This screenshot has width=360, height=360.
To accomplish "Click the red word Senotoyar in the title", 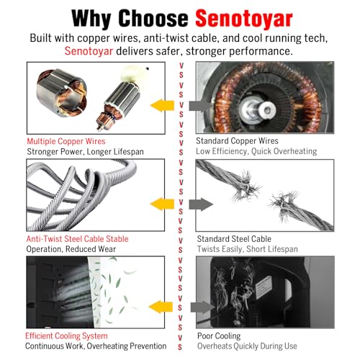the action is (x=244, y=19).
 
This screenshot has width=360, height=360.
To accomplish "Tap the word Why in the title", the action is (x=91, y=19).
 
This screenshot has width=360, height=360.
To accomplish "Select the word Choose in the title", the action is (x=153, y=18).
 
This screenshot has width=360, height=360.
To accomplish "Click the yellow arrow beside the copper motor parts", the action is (x=162, y=105).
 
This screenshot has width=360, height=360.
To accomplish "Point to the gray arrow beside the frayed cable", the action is (x=201, y=204).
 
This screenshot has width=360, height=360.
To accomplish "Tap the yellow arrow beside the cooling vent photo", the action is (x=161, y=307).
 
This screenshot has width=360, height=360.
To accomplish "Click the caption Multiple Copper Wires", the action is (x=66, y=141).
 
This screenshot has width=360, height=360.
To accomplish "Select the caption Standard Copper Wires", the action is (x=237, y=140).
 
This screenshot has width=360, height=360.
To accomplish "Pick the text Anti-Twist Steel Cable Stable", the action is (x=77, y=239).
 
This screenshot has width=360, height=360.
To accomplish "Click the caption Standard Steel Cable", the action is (x=234, y=239).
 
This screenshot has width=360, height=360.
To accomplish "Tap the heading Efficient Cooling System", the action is (x=66, y=336).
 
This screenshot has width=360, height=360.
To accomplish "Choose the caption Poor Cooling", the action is (x=219, y=336).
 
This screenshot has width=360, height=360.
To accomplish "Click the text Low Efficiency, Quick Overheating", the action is (x=256, y=151).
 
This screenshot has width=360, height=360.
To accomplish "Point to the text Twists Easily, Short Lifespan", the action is (x=247, y=249).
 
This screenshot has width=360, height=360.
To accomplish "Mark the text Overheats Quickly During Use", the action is (x=247, y=346).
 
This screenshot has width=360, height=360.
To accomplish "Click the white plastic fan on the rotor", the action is (x=132, y=73).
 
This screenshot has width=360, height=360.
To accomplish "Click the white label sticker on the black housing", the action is (x=264, y=287).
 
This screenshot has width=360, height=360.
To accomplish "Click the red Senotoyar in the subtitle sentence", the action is (x=89, y=51).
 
